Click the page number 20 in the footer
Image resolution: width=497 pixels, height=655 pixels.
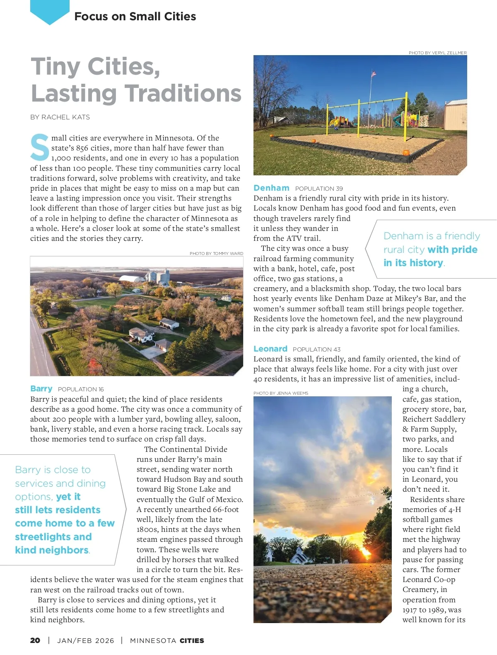(x=35, y=640)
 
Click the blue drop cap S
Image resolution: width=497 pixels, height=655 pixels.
(x=40, y=147)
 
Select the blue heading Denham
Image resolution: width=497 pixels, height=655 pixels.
(x=271, y=188)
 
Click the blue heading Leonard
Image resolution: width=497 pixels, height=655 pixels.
(x=270, y=349)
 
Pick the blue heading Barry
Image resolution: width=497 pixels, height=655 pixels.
(x=41, y=388)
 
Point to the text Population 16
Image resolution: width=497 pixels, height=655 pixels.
(x=81, y=389)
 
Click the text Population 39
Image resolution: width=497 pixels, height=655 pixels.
(x=319, y=189)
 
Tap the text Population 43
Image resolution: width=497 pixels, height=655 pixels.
(x=316, y=349)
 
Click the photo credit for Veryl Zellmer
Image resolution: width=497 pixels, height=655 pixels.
(x=437, y=53)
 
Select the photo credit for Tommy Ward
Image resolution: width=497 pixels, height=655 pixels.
(x=216, y=253)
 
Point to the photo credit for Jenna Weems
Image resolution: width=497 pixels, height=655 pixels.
(x=281, y=393)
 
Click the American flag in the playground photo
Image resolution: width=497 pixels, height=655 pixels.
(x=374, y=74)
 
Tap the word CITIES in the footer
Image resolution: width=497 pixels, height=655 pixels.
(x=192, y=640)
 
